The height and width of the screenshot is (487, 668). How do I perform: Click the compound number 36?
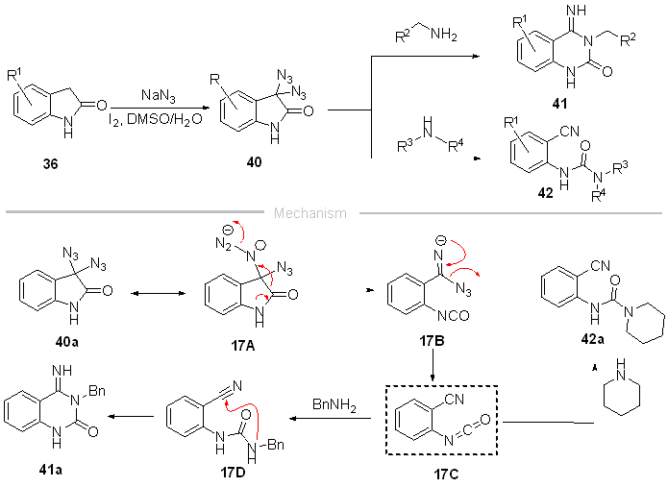click(50, 164)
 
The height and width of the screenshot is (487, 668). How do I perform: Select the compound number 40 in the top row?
click(254, 163)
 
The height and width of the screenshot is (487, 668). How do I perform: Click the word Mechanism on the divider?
click(310, 213)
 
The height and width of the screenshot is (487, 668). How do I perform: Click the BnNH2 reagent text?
click(333, 407)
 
